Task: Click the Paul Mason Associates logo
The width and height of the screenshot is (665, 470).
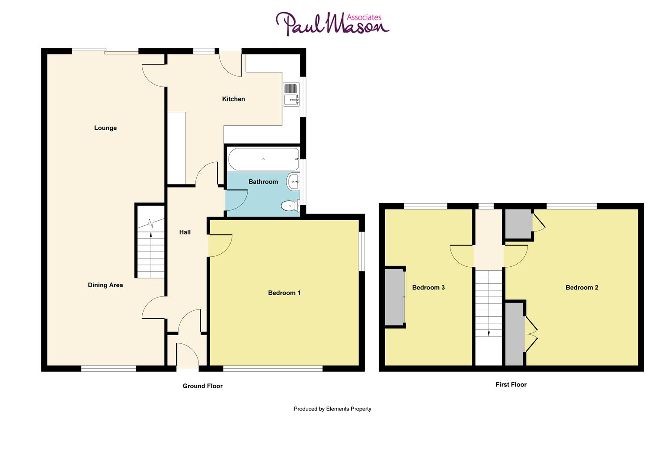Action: point(332,24)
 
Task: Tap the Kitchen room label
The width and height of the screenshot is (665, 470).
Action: point(233,99)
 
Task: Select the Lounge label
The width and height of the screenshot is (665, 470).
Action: point(105,128)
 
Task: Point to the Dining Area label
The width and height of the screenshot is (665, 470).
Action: point(105,285)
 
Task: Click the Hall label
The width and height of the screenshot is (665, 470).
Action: point(185,232)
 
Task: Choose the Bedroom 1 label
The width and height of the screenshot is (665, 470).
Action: point(284,293)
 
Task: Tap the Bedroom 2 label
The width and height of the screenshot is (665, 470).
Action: point(581,288)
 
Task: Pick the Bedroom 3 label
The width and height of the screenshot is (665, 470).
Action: point(428,288)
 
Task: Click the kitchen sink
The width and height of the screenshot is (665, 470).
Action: point(291,94)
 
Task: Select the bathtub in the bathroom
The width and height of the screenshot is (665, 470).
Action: point(263,159)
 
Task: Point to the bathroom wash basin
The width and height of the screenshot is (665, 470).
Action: point(293,181)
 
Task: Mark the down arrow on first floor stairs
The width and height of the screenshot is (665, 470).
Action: point(489,332)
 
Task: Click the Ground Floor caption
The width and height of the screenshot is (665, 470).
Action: point(202,386)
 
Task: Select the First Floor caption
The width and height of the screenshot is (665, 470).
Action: point(511,385)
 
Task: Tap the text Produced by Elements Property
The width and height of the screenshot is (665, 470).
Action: point(332,409)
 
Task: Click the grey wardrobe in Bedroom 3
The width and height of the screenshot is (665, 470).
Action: point(394,297)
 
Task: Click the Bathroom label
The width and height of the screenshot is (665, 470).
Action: point(263,182)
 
